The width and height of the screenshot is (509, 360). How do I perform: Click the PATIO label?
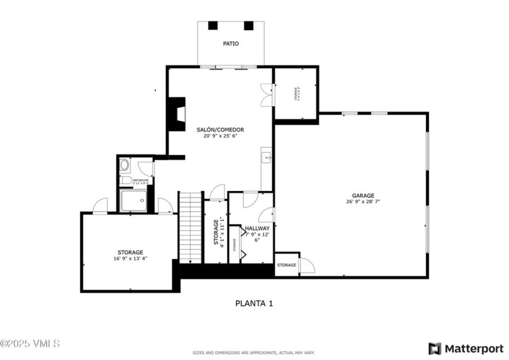(x=230, y=44)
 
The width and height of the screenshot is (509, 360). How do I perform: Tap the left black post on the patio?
(x=213, y=26)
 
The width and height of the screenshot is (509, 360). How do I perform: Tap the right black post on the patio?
(x=248, y=26)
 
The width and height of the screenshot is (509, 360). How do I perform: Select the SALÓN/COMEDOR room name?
(x=220, y=130)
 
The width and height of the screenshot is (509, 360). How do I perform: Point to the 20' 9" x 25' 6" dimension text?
(x=220, y=136)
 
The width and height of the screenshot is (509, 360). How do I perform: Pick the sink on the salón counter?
(x=266, y=158)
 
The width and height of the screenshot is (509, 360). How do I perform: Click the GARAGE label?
(x=364, y=196)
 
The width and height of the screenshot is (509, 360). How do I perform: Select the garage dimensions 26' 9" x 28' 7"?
(x=364, y=202)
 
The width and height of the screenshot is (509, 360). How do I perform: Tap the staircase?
(x=190, y=227)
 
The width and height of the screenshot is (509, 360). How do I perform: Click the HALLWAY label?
(x=257, y=228)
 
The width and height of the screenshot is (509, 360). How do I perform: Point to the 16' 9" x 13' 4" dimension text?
(x=130, y=259)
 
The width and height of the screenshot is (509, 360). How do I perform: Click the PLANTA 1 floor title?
(x=254, y=303)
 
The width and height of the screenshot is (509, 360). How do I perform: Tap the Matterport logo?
(x=465, y=348)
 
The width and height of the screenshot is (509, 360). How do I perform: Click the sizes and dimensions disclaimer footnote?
(x=254, y=352)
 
